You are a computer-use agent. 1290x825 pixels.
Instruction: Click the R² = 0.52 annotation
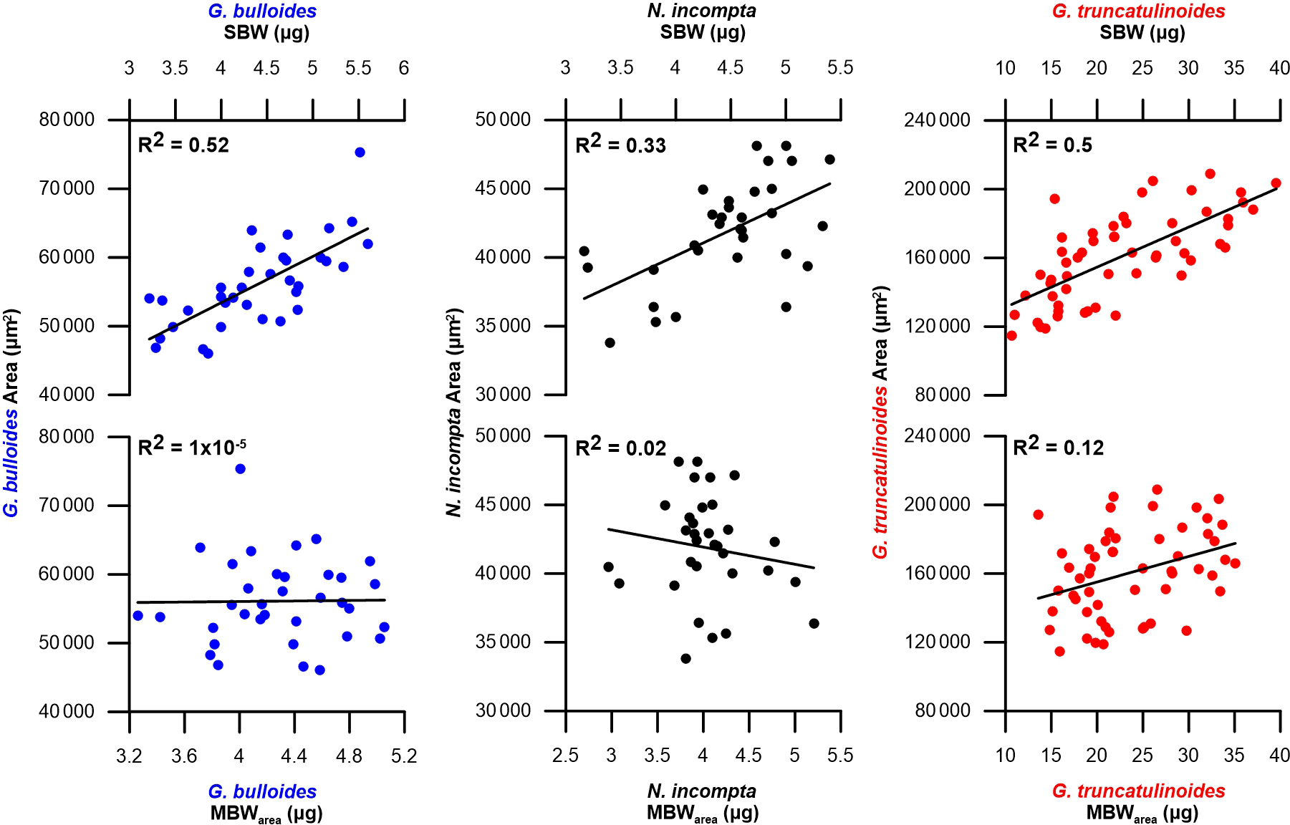183,145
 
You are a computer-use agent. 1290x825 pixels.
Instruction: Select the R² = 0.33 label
620,145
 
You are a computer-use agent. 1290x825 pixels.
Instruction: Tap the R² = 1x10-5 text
192,448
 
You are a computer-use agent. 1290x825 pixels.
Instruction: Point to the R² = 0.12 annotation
1058,448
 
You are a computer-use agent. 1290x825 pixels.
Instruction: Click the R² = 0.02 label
620,448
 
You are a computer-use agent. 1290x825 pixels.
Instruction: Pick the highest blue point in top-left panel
360,153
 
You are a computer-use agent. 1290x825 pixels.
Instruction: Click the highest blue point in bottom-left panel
240,469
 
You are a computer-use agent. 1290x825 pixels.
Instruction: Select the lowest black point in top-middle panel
610,343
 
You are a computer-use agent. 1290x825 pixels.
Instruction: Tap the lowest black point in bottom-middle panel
685,659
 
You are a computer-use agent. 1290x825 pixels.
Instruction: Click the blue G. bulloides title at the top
262,11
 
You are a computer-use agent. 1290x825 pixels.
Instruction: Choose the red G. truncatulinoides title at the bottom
1138,791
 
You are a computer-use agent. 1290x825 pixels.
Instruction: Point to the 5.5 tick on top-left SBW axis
358,68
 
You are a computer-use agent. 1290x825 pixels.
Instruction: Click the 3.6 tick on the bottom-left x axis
184,756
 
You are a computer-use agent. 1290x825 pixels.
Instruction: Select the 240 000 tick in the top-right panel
939,120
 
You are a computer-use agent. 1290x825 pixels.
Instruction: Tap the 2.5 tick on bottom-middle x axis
565,756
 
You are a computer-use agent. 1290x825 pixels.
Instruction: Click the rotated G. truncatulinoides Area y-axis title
880,423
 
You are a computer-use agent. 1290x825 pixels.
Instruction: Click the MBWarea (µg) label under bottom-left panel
266,814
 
